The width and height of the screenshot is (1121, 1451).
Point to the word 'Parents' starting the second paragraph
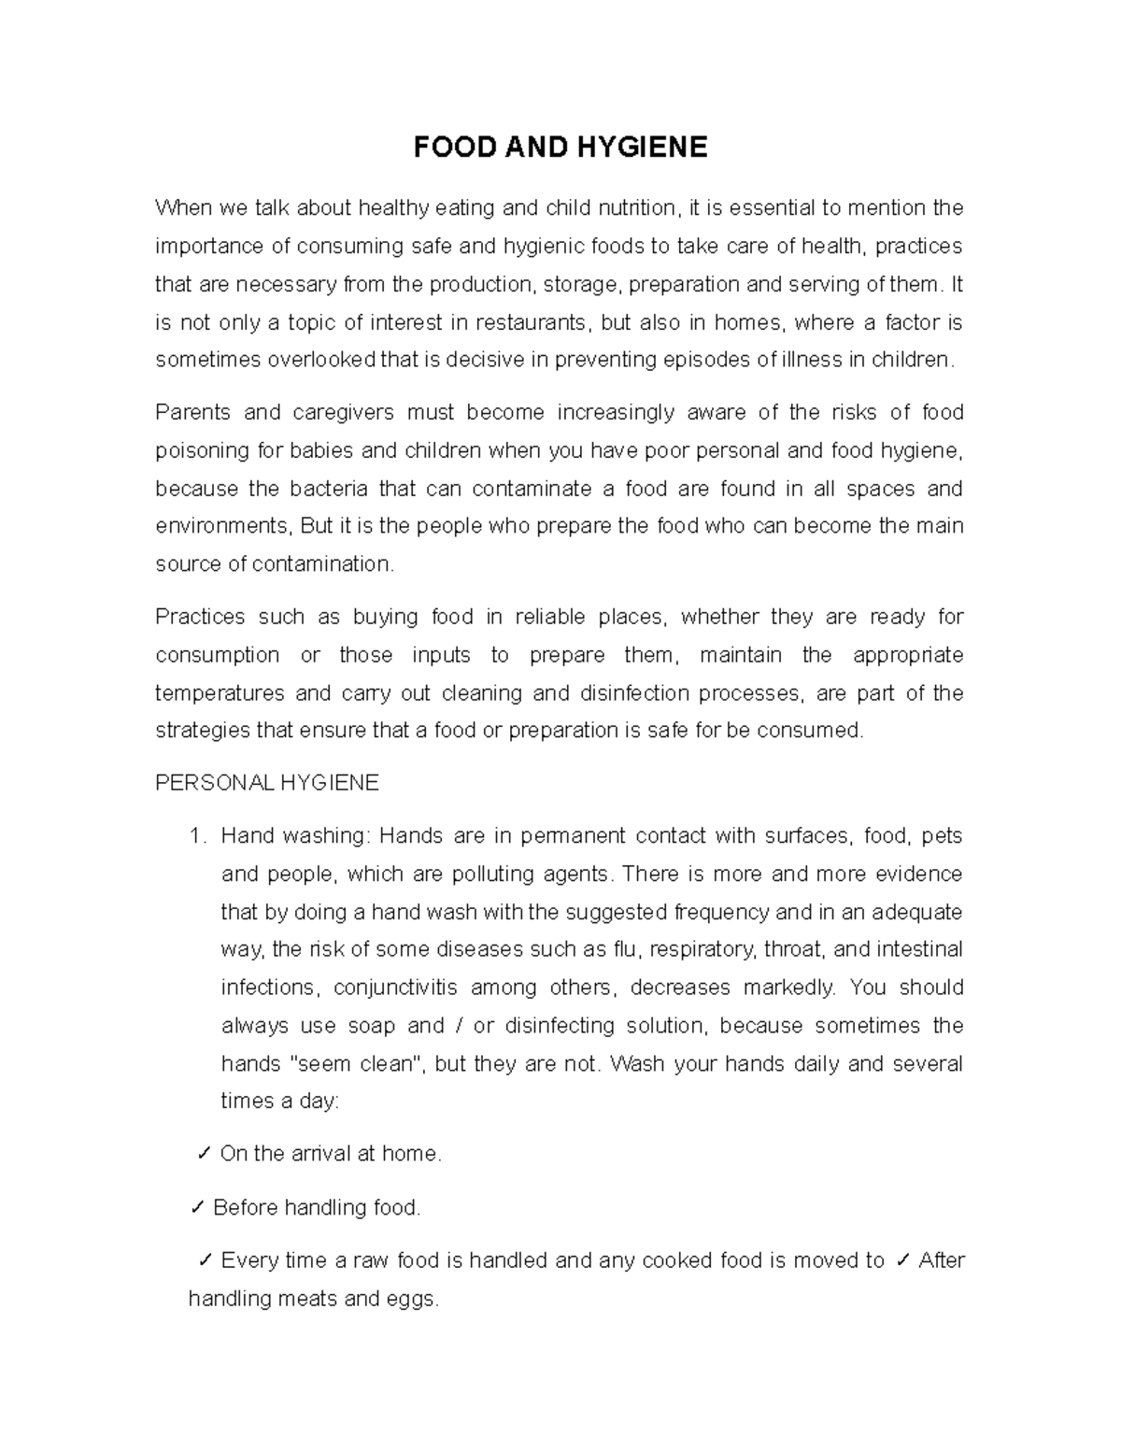point(191,413)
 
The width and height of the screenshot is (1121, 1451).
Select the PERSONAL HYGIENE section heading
point(267,783)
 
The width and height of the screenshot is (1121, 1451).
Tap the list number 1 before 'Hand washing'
point(194,836)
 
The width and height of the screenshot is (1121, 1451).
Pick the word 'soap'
point(371,1026)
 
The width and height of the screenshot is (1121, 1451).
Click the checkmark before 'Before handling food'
point(197,1208)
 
